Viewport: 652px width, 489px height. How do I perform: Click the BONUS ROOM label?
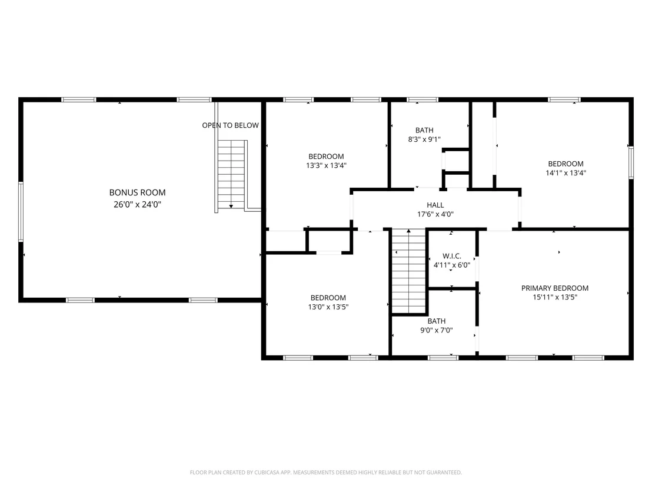[x=137, y=192]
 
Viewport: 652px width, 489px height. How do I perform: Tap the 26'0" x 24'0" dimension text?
[x=137, y=204]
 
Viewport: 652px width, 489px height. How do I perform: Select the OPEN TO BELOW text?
[x=230, y=125]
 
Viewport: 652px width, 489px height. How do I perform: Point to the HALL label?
[x=435, y=205]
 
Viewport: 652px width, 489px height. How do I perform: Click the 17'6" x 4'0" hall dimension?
[x=435, y=214]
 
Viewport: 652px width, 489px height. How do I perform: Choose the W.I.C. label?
[x=452, y=256]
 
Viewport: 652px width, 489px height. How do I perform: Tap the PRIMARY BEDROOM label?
[x=555, y=288]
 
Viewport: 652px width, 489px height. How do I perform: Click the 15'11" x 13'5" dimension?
[x=555, y=297]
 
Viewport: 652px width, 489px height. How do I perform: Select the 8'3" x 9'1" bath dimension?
[x=424, y=139]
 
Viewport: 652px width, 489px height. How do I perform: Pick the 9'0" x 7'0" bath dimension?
[x=437, y=330]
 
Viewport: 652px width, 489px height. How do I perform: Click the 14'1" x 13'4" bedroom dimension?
[x=566, y=173]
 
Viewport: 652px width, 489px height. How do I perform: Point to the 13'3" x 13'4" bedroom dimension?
[x=327, y=165]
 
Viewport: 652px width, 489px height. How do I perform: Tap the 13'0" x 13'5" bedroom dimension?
[x=328, y=307]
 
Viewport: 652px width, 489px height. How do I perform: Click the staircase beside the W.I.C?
[x=409, y=271]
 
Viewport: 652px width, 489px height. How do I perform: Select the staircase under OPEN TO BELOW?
[x=232, y=175]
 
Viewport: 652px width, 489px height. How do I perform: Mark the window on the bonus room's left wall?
[x=21, y=212]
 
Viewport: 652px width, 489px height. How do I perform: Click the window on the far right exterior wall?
[x=631, y=162]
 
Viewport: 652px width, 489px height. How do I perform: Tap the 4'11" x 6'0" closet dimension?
[x=452, y=265]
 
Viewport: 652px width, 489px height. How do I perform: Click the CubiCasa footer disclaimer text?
[x=326, y=473]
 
